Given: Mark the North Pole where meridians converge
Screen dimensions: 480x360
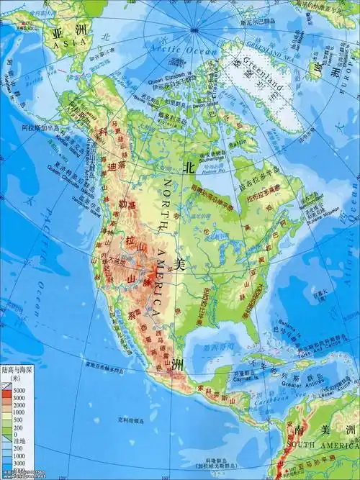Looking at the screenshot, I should [x=194, y=30].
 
